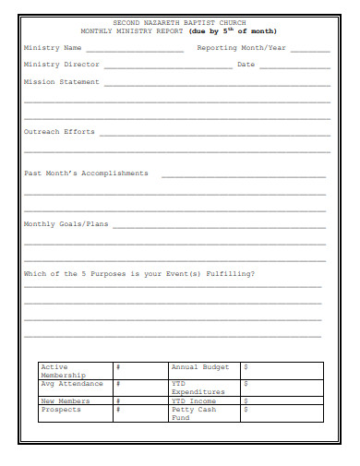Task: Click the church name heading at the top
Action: coord(179,21)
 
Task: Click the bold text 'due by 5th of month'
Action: coord(233,30)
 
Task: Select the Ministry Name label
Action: coord(53,47)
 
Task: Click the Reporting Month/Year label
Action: coord(241,47)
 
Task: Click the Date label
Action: coord(246,65)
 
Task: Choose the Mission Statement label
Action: coord(61,82)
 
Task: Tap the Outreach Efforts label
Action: coord(59,132)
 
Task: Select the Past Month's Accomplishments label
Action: coord(86,173)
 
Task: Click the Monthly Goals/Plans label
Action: coord(66,223)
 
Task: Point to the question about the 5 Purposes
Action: coord(139,273)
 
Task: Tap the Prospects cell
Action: coord(61,410)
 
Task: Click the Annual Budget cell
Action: coord(199,367)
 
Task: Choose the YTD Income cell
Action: coord(194,400)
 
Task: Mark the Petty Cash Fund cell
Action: coord(193,413)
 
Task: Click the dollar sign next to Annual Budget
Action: coord(246,367)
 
